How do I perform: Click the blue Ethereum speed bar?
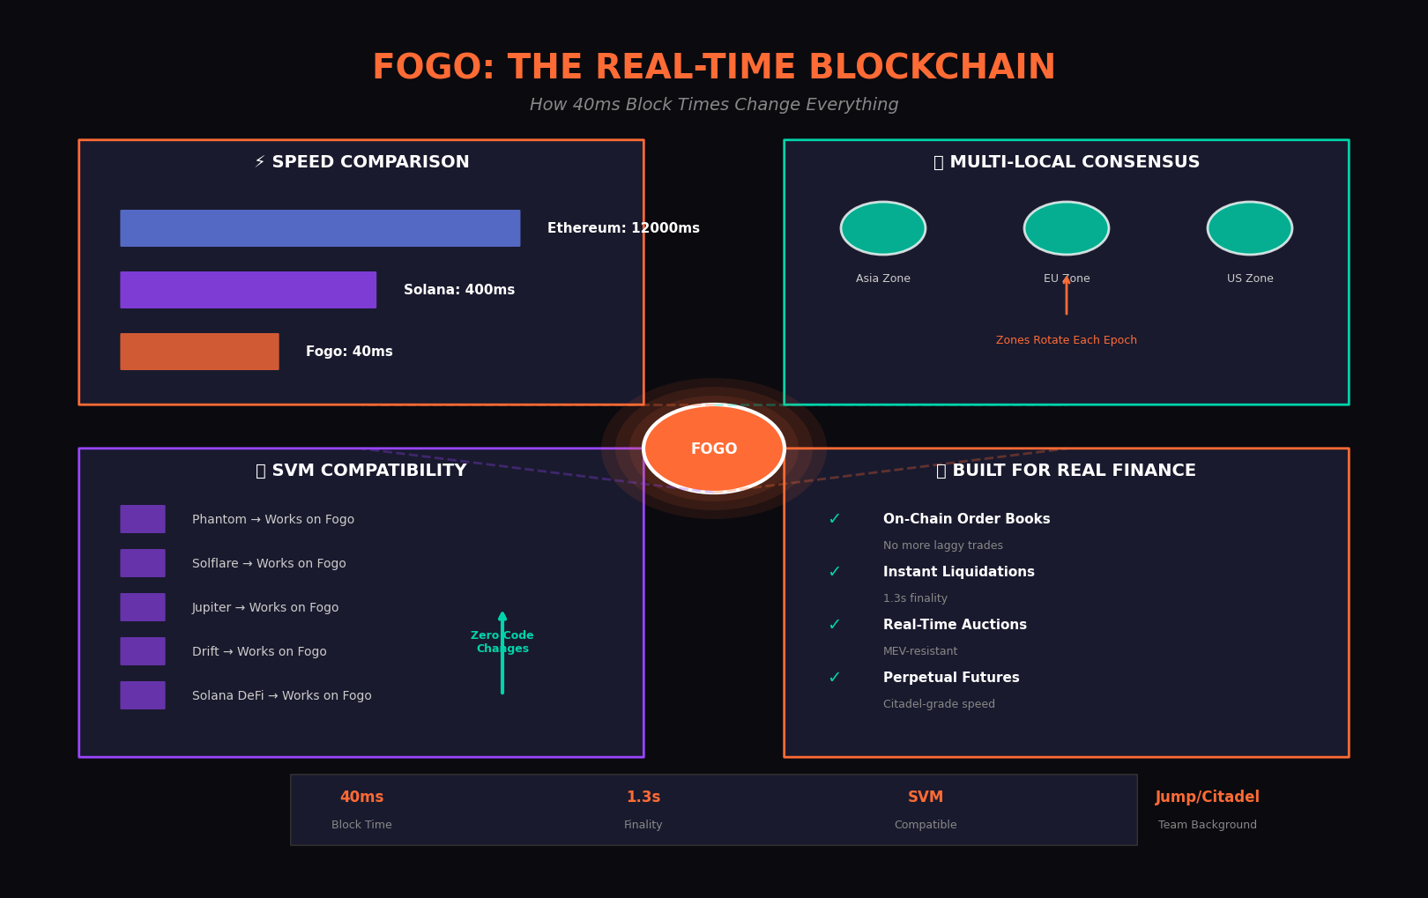pyautogui.click(x=320, y=228)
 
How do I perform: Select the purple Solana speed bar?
pyautogui.click(x=248, y=290)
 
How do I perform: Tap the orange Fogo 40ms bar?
pyautogui.click(x=199, y=352)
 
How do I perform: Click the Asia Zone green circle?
pyautogui.click(x=883, y=228)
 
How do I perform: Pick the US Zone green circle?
pyautogui.click(x=1250, y=228)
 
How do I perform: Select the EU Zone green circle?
pyautogui.click(x=1067, y=228)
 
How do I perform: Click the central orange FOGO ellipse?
pyautogui.click(x=714, y=449)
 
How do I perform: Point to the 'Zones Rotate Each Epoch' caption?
pyautogui.click(x=1067, y=340)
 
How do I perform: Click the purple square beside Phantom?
pyautogui.click(x=143, y=519)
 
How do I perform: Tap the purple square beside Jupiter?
pyautogui.click(x=143, y=607)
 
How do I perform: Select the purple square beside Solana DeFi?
pyautogui.click(x=143, y=695)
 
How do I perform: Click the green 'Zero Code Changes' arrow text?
pyautogui.click(x=502, y=642)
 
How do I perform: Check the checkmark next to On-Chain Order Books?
pyautogui.click(x=834, y=519)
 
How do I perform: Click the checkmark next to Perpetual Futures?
pyautogui.click(x=834, y=678)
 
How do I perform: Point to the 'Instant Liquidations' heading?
pyautogui.click(x=959, y=572)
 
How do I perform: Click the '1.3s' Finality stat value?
pyautogui.click(x=643, y=798)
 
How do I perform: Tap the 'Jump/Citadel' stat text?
pyautogui.click(x=1208, y=798)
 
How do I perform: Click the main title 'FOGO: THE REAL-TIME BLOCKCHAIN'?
pyautogui.click(x=714, y=68)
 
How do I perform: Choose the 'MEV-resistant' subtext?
pyautogui.click(x=920, y=651)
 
